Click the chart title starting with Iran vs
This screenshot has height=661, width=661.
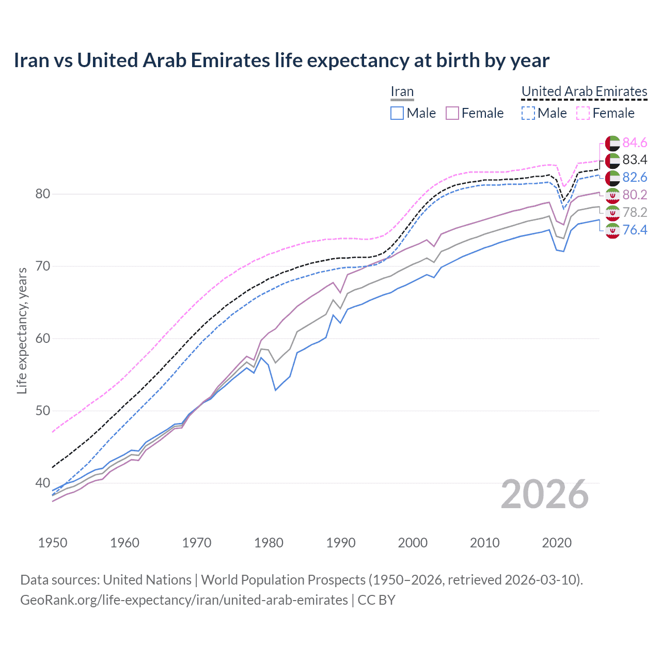pos(281,60)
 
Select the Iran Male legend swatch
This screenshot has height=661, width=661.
pos(397,113)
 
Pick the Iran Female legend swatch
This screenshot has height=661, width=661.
pos(452,113)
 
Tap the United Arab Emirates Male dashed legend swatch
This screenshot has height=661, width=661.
pos(528,113)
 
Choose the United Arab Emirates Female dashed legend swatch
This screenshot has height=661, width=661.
pos(583,113)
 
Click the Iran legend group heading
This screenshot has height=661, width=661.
pos(402,92)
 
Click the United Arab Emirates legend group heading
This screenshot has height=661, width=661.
pos(584,91)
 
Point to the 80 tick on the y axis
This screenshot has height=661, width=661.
pos(43,194)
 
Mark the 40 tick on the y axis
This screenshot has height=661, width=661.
pos(43,483)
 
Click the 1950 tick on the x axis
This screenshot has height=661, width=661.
pos(53,543)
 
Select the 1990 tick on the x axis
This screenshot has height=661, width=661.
pos(341,543)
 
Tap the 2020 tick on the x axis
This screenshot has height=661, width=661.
pos(557,543)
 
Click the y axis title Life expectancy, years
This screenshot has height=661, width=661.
pos(22,330)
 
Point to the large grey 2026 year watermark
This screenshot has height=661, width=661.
pos(544,494)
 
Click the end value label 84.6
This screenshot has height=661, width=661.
pos(635,143)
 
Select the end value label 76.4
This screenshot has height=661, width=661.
pos(635,230)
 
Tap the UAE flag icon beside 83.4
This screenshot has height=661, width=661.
pos(612,160)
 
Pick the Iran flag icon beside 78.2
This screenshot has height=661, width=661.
pos(612,213)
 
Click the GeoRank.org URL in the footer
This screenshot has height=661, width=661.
pos(184,600)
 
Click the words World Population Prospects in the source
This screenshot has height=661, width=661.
pos(283,580)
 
